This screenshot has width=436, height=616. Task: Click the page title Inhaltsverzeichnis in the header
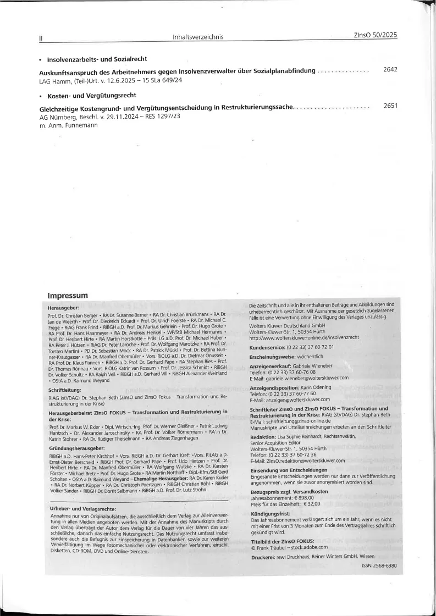click(197, 37)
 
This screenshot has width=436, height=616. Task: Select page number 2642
click(390, 69)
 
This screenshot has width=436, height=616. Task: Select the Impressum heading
click(68, 296)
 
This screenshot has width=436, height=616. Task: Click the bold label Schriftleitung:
click(65, 390)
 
